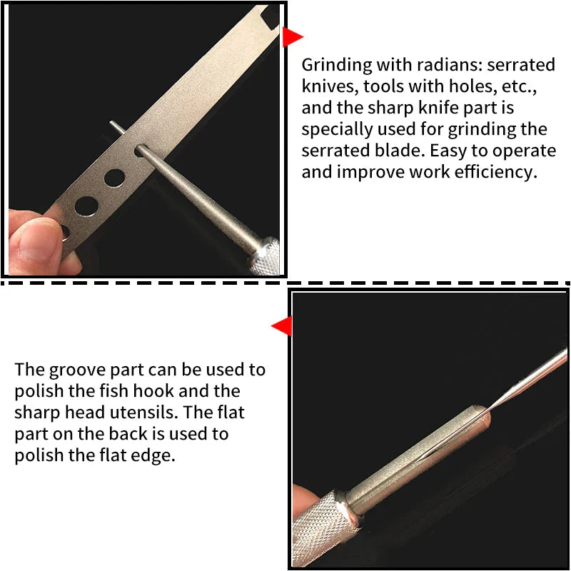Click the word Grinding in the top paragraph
point(333,65)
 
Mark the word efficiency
point(492,173)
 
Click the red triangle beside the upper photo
point(290,37)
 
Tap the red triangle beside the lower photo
point(281,326)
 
